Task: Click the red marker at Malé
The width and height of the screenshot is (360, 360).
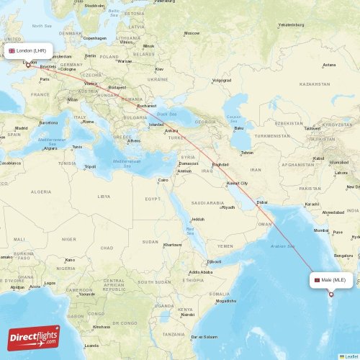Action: (331, 294)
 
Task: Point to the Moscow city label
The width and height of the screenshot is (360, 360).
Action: (192, 33)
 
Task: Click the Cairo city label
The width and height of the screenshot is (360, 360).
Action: (163, 180)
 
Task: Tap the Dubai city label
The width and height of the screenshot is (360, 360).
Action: (262, 202)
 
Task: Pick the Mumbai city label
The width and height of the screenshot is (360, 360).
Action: (321, 230)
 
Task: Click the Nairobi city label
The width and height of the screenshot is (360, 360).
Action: (187, 315)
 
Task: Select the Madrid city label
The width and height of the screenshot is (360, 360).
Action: (21, 128)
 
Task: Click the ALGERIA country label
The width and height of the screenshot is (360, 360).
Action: (41, 192)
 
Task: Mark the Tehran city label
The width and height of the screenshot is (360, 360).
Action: (247, 153)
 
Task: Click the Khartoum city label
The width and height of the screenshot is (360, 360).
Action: (173, 245)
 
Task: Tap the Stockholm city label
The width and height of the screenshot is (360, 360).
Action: (94, 5)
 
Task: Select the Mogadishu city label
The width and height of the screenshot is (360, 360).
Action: (225, 301)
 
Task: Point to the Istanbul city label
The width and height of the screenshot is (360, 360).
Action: (156, 125)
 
